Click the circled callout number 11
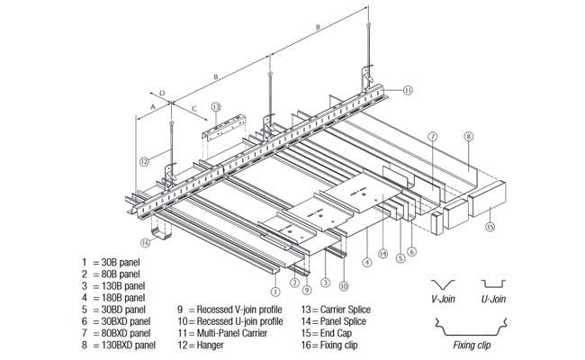tap(408, 90)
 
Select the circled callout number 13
tap(216, 107)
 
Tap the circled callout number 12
tap(144, 162)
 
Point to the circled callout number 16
tap(145, 242)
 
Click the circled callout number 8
tap(468, 137)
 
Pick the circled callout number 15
tap(490, 227)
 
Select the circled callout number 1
tap(274, 291)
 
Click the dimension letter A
tap(153, 105)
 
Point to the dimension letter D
tap(162, 92)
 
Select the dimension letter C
tap(194, 108)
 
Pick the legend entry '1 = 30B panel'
tap(111, 262)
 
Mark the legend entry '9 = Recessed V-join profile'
tap(229, 309)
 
